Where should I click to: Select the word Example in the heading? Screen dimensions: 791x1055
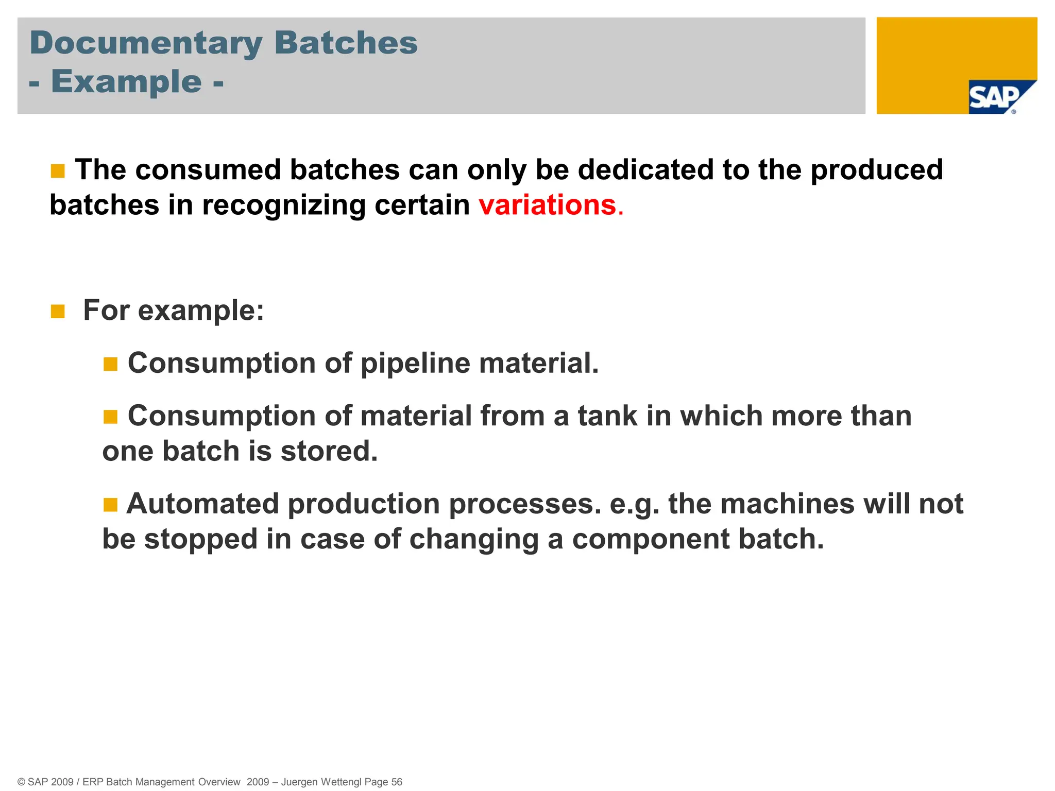[126, 82]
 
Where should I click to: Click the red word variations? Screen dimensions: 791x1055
[547, 205]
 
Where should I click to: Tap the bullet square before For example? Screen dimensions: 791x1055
[58, 312]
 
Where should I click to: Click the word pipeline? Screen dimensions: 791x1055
[415, 364]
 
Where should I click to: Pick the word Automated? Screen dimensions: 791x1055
[202, 504]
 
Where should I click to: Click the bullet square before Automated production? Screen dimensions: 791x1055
[111, 505]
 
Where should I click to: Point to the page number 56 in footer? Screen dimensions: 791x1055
[396, 782]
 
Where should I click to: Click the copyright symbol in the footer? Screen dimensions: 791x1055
[21, 782]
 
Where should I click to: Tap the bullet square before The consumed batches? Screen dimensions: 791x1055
[58, 171]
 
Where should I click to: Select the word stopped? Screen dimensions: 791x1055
[200, 539]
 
